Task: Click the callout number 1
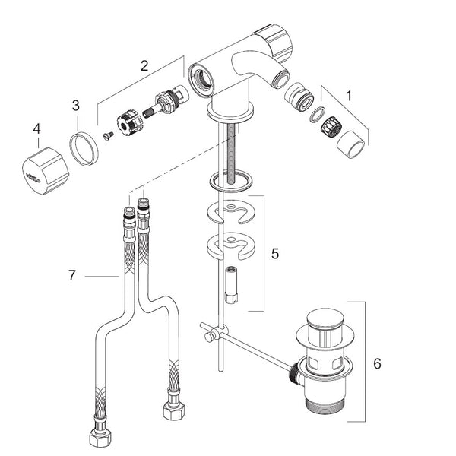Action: point(349,96)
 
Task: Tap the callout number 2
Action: point(144,65)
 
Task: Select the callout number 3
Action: point(75,106)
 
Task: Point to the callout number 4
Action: point(36,129)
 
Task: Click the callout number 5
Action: point(275,254)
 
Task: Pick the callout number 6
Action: point(377,363)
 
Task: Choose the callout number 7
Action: point(72,275)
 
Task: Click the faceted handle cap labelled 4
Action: point(45,171)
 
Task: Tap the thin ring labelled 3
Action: point(84,149)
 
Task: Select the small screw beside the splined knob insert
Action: point(109,136)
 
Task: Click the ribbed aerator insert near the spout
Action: point(333,126)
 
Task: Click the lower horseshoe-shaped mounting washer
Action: point(231,245)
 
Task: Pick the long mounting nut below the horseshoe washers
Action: point(231,285)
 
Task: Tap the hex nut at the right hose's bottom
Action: point(173,410)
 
